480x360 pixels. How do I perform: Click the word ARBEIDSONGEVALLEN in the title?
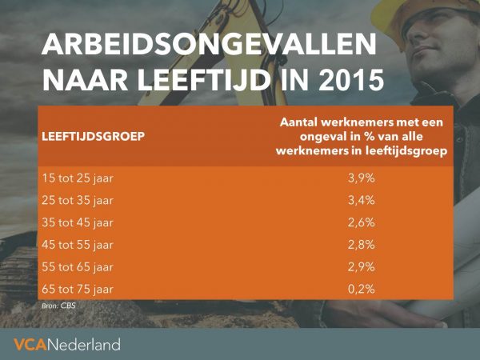click(x=209, y=44)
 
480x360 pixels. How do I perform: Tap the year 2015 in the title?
click(x=351, y=80)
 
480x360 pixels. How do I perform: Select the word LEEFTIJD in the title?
click(x=204, y=80)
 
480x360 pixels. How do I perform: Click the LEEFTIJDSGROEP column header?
click(x=93, y=137)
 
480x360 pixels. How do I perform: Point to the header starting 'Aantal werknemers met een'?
click(x=362, y=137)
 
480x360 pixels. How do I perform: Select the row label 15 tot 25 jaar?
click(x=78, y=178)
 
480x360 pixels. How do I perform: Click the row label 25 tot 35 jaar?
click(x=78, y=201)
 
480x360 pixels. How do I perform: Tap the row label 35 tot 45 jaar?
click(x=78, y=222)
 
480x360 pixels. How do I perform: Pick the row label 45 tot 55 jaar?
click(x=78, y=245)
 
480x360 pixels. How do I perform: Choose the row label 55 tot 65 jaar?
click(x=78, y=267)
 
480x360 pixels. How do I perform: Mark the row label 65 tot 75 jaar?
click(x=78, y=290)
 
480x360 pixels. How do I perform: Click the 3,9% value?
click(x=362, y=178)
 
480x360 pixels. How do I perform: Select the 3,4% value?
click(x=362, y=201)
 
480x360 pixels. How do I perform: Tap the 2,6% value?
click(x=362, y=222)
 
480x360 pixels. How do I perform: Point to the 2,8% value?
click(x=362, y=245)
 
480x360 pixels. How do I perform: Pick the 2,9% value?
click(x=362, y=267)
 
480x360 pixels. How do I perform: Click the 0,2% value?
click(x=362, y=290)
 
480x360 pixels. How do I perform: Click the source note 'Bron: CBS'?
click(x=58, y=306)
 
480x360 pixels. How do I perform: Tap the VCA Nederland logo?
click(x=67, y=344)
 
